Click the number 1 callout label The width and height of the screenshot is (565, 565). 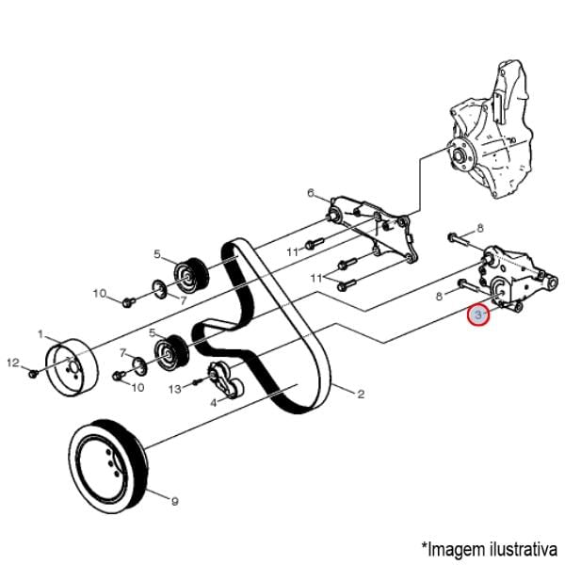(x=41, y=334)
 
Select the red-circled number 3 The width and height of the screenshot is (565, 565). (x=478, y=315)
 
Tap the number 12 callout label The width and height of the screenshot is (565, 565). (x=12, y=363)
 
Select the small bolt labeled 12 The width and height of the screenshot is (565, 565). (x=33, y=373)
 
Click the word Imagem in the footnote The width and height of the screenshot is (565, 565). (x=458, y=546)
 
